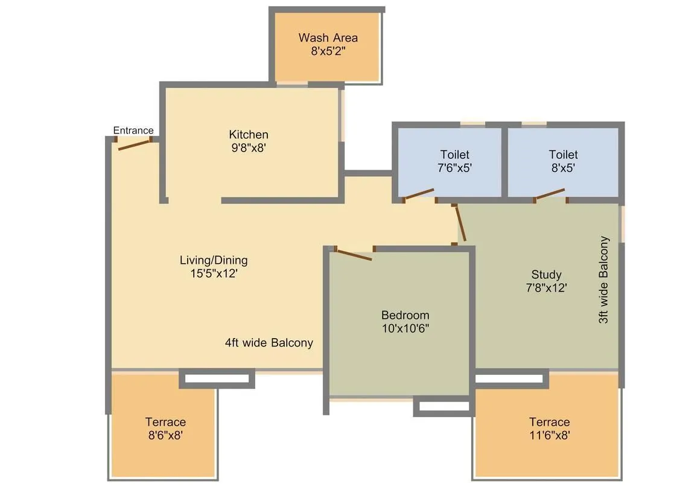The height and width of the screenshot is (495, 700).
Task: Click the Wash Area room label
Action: [328, 37]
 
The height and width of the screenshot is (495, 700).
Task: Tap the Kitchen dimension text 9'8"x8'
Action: [249, 147]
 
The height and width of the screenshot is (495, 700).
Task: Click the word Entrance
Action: [133, 130]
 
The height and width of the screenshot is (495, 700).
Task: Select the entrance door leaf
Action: [133, 145]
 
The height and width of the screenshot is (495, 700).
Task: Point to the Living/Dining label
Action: [214, 260]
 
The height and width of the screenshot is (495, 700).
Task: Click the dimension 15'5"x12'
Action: [214, 273]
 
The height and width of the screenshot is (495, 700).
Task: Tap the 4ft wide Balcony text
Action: [269, 343]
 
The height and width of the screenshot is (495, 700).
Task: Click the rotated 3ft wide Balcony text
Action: [604, 279]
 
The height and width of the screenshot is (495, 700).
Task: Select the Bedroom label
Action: [405, 315]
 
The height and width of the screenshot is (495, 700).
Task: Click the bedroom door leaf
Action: [354, 255]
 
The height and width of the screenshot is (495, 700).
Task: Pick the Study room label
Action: [546, 274]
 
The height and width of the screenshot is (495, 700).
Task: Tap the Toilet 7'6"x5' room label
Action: [454, 155]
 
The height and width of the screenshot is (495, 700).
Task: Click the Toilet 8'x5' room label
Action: [563, 155]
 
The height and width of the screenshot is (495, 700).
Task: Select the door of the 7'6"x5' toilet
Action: [419, 194]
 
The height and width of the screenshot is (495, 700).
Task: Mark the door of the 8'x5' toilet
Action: [550, 194]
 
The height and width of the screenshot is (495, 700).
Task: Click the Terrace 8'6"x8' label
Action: [165, 422]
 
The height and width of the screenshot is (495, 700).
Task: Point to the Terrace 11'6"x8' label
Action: [549, 422]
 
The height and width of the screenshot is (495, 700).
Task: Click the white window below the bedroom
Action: [444, 406]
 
